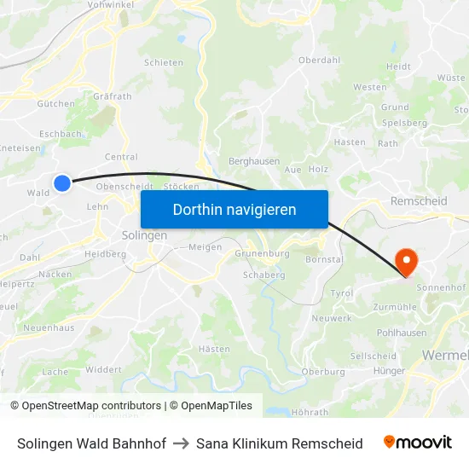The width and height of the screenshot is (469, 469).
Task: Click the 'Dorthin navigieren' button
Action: coord(234,209)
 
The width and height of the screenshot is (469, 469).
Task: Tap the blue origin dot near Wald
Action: coord(62,182)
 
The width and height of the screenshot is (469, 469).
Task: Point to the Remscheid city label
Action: coord(418,201)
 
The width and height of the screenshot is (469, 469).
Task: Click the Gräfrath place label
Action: coord(113,96)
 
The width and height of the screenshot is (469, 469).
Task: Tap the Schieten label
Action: coord(164,62)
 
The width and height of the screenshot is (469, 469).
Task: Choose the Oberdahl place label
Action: coord(319,61)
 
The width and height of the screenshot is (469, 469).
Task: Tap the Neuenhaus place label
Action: coord(49,327)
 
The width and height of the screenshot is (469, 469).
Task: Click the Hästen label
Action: coord(214,349)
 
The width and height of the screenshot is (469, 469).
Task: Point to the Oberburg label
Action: coord(323,371)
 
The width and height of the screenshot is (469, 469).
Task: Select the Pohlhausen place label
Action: coord(402,333)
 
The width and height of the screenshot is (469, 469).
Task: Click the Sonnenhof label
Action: coord(443,288)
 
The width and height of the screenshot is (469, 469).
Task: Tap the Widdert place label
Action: coord(103,369)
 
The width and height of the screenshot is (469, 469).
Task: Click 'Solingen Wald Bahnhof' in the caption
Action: coord(91,443)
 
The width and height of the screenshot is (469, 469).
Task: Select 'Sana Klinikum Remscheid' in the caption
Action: coord(279,443)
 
